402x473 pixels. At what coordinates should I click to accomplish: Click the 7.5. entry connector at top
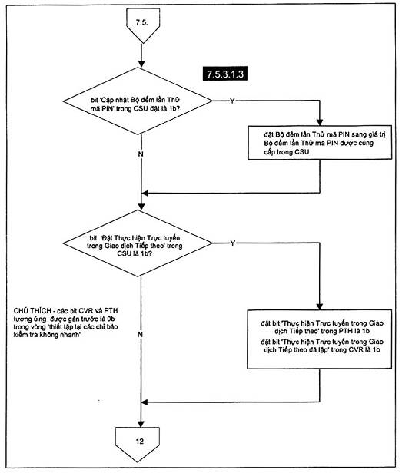pos(141,25)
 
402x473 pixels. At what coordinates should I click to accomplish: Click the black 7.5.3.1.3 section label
pos(225,74)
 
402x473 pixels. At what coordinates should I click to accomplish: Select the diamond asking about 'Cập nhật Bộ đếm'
pos(138,101)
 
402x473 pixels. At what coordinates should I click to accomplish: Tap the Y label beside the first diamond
pos(232,101)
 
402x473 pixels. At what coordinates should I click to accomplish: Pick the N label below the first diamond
pos(141,154)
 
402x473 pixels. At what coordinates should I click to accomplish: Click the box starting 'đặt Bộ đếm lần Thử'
pos(320,143)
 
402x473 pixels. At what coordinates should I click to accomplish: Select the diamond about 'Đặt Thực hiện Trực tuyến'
pos(138,243)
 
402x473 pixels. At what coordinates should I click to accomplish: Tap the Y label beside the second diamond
pos(232,243)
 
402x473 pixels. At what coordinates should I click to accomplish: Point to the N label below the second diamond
pos(140,335)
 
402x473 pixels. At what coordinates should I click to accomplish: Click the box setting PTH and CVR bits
pos(320,339)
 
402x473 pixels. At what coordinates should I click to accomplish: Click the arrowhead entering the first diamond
pos(141,64)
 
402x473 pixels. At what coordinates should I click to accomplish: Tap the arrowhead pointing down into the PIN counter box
pos(320,122)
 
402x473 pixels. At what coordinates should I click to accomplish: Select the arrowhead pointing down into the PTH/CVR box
pos(320,306)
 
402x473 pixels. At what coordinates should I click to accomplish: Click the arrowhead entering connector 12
pos(141,424)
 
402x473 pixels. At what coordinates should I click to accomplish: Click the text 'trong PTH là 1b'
pos(346,331)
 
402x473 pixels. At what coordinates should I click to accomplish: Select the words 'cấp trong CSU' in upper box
pos(287,152)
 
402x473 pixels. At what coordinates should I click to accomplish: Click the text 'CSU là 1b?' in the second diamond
pos(135,253)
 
